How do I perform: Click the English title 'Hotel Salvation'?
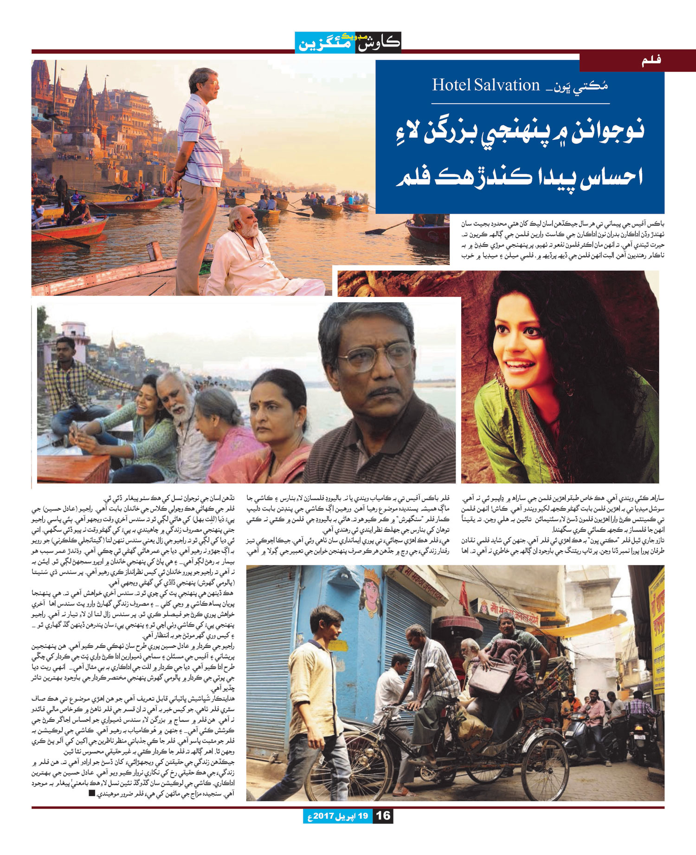pyautogui.click(x=486, y=85)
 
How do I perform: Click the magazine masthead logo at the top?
pyautogui.click(x=348, y=43)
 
